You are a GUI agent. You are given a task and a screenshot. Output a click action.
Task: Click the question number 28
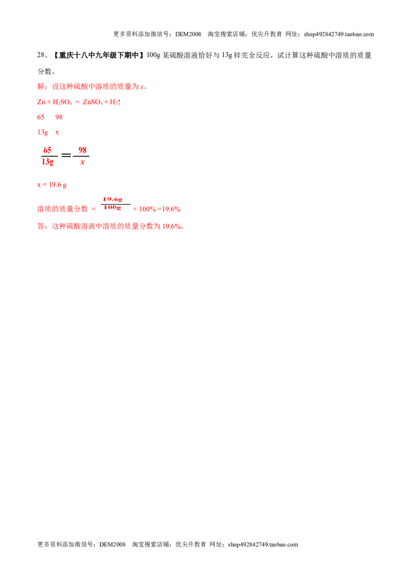coord(41,56)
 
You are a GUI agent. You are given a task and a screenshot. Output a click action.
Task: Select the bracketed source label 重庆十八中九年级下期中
coord(99,56)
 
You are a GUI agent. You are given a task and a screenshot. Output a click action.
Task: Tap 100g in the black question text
coord(154,56)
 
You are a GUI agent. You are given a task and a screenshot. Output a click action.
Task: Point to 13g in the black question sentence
coord(227,56)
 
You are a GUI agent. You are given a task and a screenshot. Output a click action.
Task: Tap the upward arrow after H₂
coord(119,102)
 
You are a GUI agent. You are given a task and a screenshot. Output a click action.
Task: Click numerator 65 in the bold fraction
coord(47,150)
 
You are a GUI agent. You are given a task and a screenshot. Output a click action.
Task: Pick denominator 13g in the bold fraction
coord(47,161)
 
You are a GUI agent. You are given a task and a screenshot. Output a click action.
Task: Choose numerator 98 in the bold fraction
coord(82,150)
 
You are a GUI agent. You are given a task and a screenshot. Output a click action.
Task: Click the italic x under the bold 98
coord(82,162)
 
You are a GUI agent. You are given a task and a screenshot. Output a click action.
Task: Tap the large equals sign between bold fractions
coord(66,155)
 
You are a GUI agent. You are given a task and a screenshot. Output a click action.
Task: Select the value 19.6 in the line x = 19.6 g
coord(55,185)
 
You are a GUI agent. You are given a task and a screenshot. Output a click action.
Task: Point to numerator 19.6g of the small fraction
coord(113,199)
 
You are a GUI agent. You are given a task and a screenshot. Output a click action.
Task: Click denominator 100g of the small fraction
coord(113,208)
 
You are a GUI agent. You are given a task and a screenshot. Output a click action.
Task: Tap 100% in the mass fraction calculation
coord(147,209)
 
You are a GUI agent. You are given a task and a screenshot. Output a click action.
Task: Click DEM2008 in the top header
coord(188,34)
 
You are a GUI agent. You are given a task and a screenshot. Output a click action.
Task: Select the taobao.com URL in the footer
coord(263,544)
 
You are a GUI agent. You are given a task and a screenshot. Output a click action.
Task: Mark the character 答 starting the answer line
coord(41,226)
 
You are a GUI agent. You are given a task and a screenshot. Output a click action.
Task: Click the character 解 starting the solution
coord(41,86)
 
